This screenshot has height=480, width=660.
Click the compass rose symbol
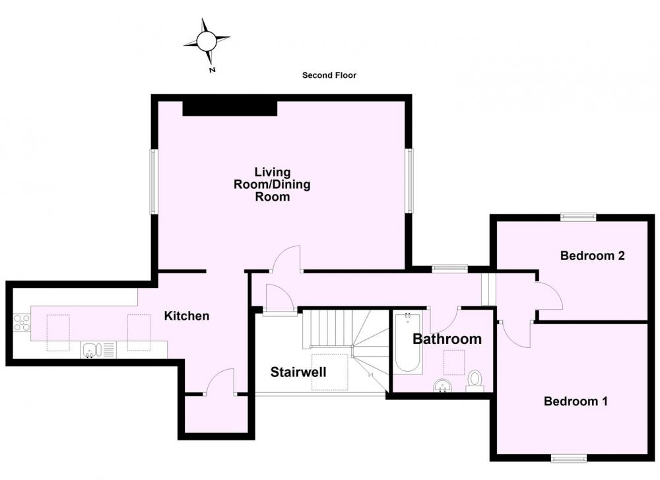[x=206, y=41]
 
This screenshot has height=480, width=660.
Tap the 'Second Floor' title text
[x=329, y=75]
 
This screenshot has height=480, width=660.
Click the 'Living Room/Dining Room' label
[x=273, y=184]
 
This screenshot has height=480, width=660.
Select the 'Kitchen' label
[x=187, y=316]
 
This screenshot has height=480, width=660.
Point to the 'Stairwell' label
[x=298, y=372]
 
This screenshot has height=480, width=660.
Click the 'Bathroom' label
[x=447, y=339]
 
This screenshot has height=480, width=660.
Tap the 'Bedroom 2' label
[x=592, y=256]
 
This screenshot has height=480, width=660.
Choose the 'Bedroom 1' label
[x=576, y=401]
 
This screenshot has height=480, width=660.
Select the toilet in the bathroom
[x=475, y=381]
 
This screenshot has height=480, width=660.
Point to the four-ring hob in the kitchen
[x=22, y=322]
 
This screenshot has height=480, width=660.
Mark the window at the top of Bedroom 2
[x=578, y=217]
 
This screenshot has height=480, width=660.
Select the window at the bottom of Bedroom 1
[x=569, y=458]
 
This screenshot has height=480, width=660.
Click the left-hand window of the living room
[x=153, y=182]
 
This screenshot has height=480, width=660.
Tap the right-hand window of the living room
[x=409, y=181]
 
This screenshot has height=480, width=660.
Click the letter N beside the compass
[x=212, y=70]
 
